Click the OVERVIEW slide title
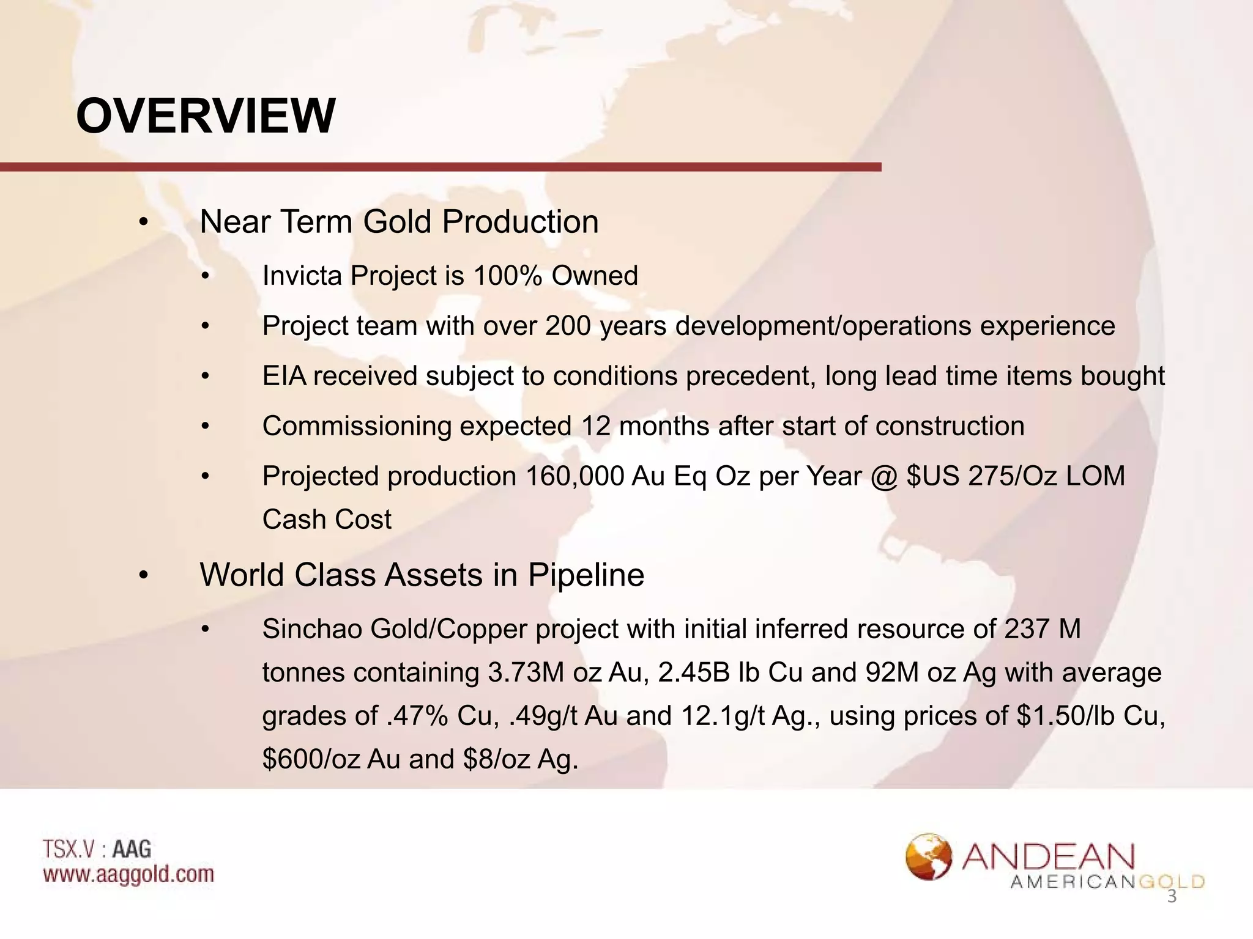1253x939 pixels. [206, 116]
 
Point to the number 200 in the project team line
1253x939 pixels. [568, 326]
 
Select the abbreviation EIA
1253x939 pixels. [284, 376]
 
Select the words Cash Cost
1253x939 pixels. [327, 520]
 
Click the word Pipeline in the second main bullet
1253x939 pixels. [586, 575]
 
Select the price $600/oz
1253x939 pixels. [311, 759]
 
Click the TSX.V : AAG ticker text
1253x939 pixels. [97, 849]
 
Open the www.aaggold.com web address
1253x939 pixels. [128, 874]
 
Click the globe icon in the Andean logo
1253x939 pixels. [929, 857]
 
